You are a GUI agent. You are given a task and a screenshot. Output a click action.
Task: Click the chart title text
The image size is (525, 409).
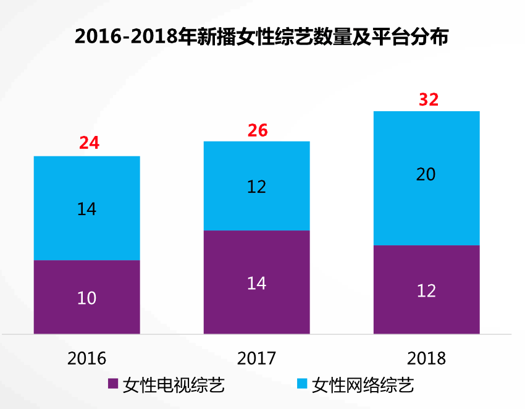(x=261, y=36)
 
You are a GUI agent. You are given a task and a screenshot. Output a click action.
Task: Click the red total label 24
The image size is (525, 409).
(x=89, y=143)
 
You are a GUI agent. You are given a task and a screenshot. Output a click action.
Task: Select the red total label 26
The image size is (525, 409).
(x=258, y=130)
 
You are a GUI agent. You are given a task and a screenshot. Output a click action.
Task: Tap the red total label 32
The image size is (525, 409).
(x=428, y=99)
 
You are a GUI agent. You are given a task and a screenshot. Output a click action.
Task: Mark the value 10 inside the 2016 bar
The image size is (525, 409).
(x=86, y=298)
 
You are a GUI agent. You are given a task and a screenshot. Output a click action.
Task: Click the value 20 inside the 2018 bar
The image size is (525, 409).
(x=426, y=175)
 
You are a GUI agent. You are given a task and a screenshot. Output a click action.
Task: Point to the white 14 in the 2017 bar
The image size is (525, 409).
(x=256, y=283)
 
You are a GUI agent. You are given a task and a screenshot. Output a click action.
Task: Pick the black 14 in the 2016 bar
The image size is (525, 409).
(x=86, y=209)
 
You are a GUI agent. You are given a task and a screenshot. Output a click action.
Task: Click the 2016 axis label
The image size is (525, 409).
(x=86, y=358)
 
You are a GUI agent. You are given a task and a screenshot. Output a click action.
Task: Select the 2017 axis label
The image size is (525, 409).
(x=256, y=358)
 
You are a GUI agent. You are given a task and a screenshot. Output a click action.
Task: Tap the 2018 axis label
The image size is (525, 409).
(x=426, y=358)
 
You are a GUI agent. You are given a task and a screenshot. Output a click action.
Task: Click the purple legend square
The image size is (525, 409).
(x=112, y=384)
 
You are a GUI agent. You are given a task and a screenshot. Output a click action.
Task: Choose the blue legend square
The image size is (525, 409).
(x=301, y=384)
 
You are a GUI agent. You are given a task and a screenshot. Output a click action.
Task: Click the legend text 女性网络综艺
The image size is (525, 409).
(x=363, y=385)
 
